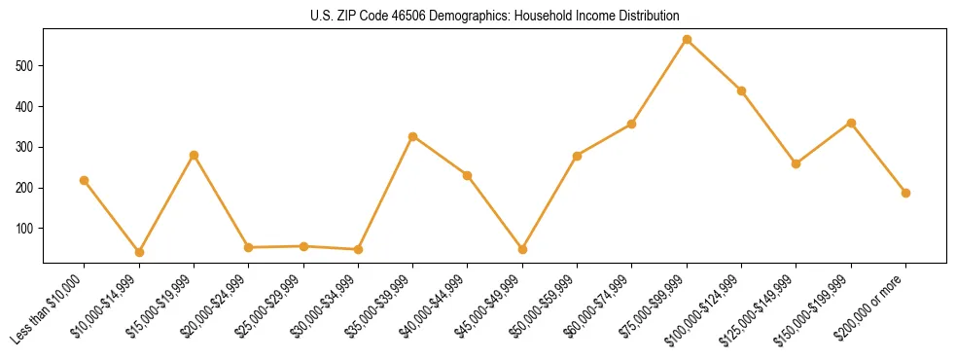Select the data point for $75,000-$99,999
tap(687, 40)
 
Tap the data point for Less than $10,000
tap(85, 180)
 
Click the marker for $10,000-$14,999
tap(139, 252)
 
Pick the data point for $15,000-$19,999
tap(194, 155)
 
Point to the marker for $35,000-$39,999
tap(413, 136)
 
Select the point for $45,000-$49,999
tap(522, 249)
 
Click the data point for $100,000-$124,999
tap(741, 90)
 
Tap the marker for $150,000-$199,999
tap(851, 123)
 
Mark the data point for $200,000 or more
tap(905, 193)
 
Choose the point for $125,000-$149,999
tap(797, 163)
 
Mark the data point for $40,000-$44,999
tap(468, 175)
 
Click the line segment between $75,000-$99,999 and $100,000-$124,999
tap(714, 65)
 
